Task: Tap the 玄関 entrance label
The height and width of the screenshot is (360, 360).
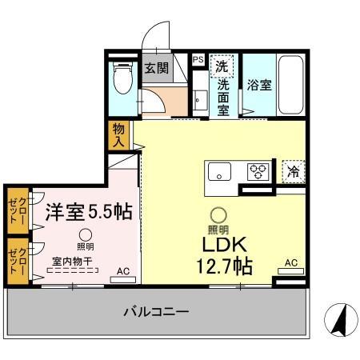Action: tap(156, 68)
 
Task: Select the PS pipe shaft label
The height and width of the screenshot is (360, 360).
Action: tap(198, 59)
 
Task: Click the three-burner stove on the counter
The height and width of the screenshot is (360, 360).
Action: tap(258, 170)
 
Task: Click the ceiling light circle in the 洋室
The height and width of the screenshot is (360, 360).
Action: tap(84, 233)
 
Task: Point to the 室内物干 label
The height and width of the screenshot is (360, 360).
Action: tap(73, 260)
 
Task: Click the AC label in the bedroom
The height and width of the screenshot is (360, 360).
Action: tap(123, 271)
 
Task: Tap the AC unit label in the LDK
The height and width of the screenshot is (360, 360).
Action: tap(291, 262)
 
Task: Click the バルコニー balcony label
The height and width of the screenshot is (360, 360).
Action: tap(156, 311)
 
